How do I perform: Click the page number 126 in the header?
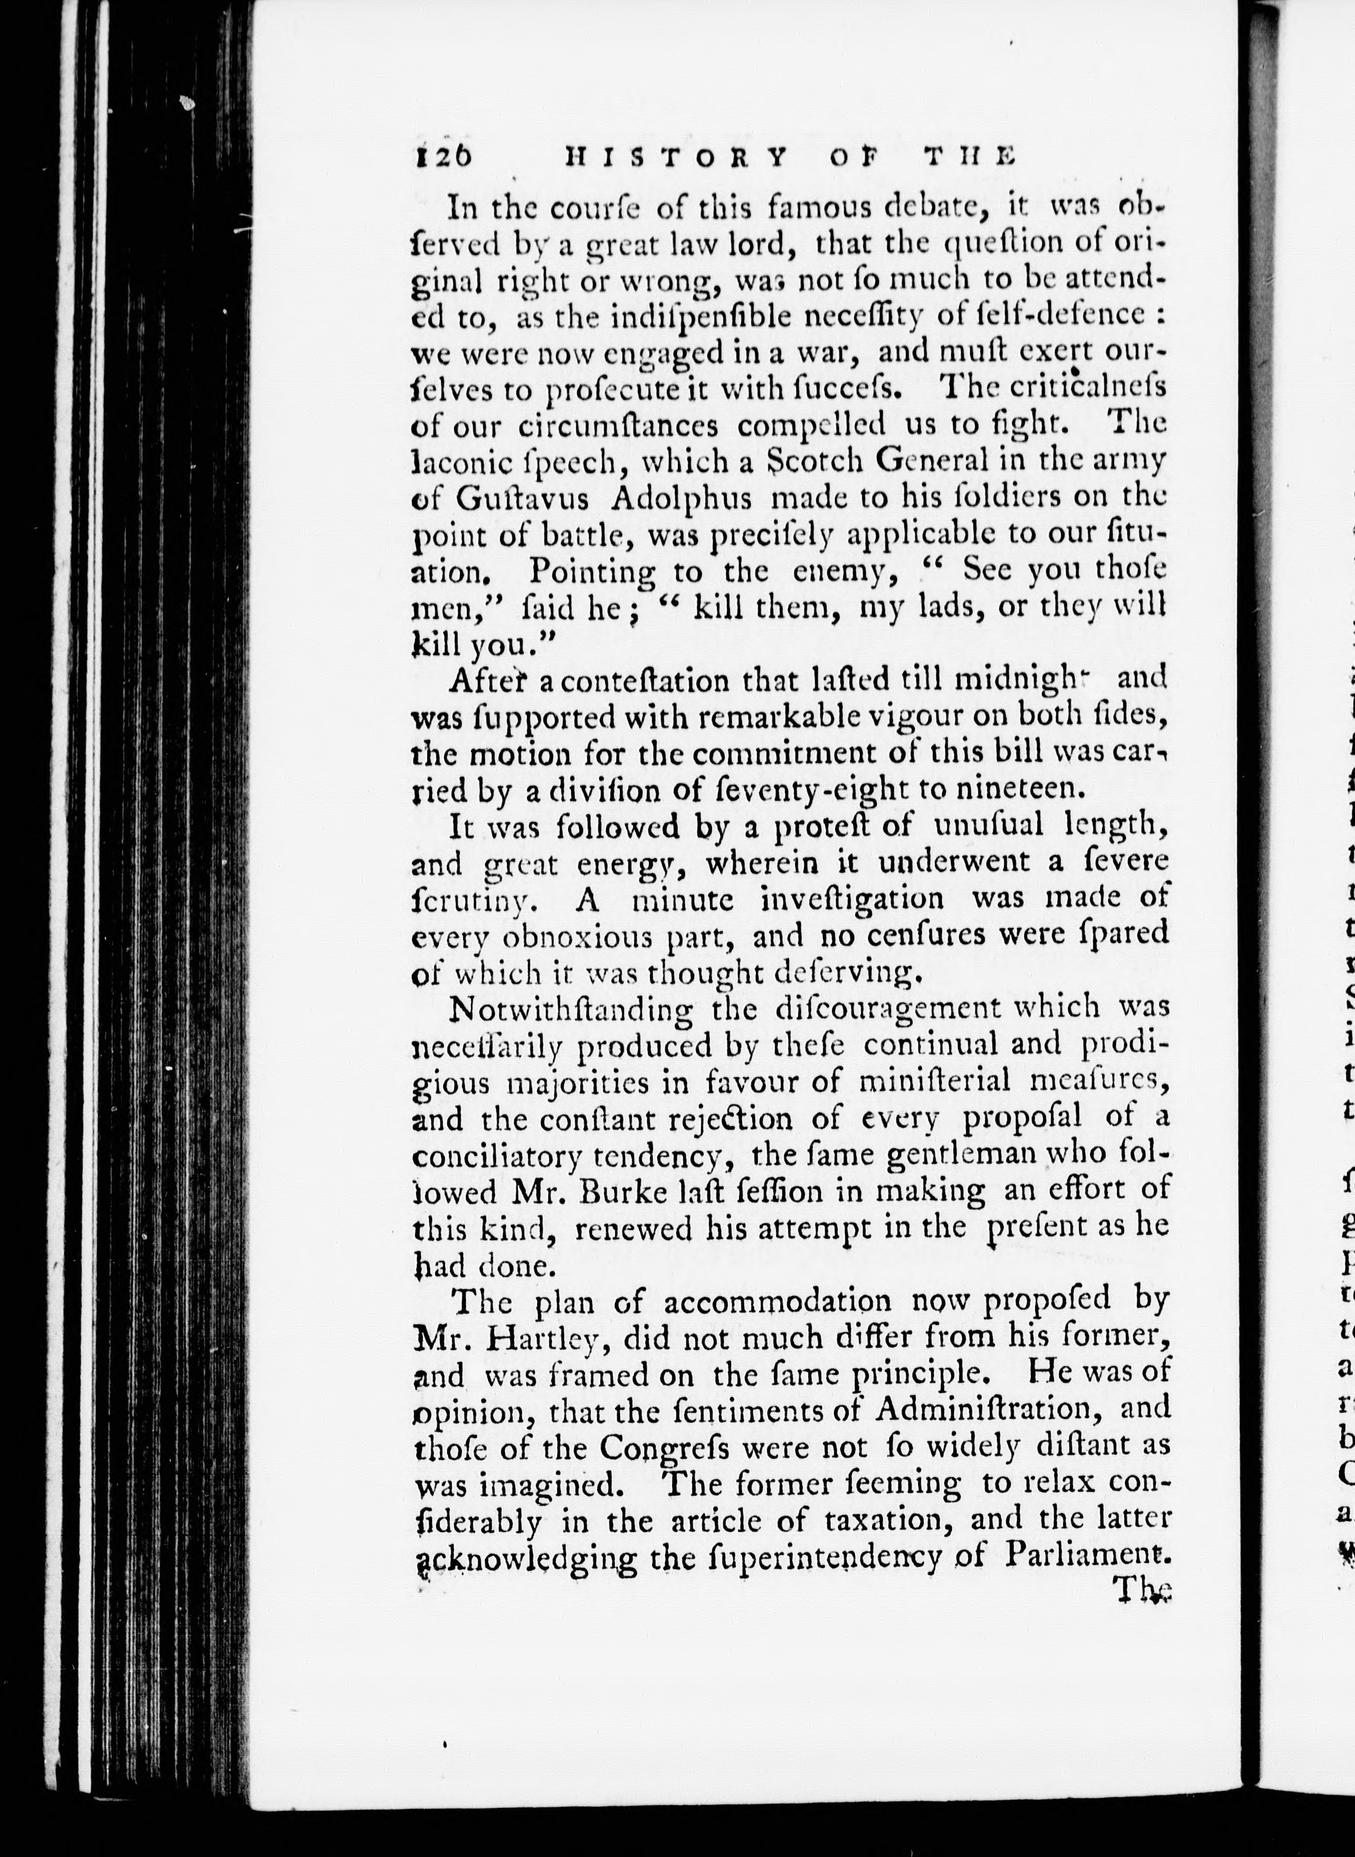coord(445,156)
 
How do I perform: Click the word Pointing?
coord(592,571)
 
